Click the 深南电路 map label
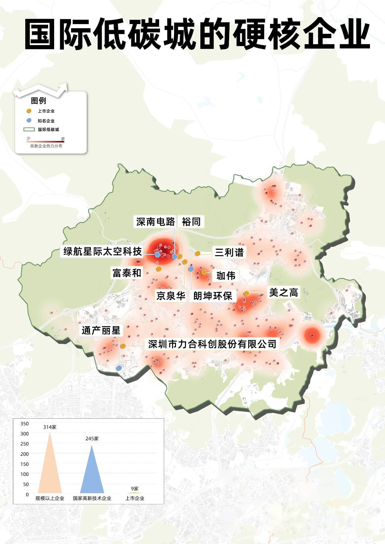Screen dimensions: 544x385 (155, 222)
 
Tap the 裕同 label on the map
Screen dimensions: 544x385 (191, 222)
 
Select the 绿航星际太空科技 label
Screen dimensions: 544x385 (102, 251)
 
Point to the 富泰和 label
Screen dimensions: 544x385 (127, 273)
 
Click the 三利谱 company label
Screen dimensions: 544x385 (229, 252)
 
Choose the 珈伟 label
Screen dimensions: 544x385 (226, 275)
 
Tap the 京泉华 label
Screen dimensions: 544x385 (171, 296)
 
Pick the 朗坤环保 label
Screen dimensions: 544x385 (213, 296)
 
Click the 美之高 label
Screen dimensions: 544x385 (283, 292)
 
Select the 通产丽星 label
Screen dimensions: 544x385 (101, 330)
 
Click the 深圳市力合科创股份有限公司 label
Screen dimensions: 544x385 (212, 344)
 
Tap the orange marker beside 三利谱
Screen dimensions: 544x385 (198, 253)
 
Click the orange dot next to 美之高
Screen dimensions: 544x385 (246, 293)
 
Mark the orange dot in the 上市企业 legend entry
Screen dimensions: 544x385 (29, 111)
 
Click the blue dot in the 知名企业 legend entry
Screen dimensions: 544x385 (29, 121)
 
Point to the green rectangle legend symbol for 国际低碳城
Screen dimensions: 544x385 (29, 130)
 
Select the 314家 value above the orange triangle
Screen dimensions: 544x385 (50, 427)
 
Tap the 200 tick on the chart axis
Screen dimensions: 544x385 (25, 454)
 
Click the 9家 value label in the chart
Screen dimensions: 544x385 (135, 489)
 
